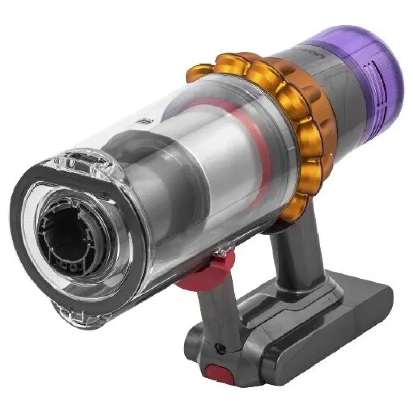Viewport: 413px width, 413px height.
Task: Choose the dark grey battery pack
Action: click(x=341, y=325)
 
